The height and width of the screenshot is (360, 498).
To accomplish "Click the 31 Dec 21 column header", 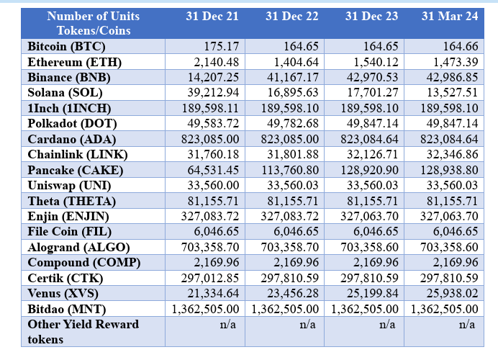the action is tap(212, 17).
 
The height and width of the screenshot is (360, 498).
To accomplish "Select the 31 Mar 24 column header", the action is tap(450, 17).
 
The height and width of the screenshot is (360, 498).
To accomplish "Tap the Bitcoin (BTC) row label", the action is tap(66, 47).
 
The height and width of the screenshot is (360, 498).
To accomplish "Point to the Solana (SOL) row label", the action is tap(65, 93).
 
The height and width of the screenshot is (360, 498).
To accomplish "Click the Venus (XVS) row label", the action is tap(63, 293).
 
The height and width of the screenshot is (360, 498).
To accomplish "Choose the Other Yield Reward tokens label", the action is tap(83, 332).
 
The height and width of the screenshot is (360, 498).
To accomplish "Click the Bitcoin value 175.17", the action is tap(222, 46).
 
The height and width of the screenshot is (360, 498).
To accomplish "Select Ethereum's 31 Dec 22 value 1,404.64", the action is tap(296, 62).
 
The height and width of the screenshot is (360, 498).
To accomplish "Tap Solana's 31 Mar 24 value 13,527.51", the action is tap(452, 92).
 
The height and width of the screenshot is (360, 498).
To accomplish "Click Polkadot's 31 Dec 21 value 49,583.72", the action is tap(213, 123).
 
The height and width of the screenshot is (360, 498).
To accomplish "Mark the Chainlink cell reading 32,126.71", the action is tap(373, 154).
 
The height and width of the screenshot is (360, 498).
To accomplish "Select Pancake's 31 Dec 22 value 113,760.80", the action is tap(290, 171).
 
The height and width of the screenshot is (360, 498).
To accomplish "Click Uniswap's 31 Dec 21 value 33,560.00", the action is tap(213, 186).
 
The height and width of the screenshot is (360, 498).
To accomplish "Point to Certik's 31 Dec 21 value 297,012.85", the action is tap(210, 279).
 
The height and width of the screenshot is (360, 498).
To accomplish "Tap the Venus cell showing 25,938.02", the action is tap(452, 293).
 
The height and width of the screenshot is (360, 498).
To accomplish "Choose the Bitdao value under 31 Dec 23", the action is tap(365, 309).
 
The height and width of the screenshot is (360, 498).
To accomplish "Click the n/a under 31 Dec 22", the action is tap(308, 325).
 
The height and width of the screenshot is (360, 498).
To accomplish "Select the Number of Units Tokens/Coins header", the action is tap(94, 24).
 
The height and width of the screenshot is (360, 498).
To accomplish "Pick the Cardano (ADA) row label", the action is tap(72, 140).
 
